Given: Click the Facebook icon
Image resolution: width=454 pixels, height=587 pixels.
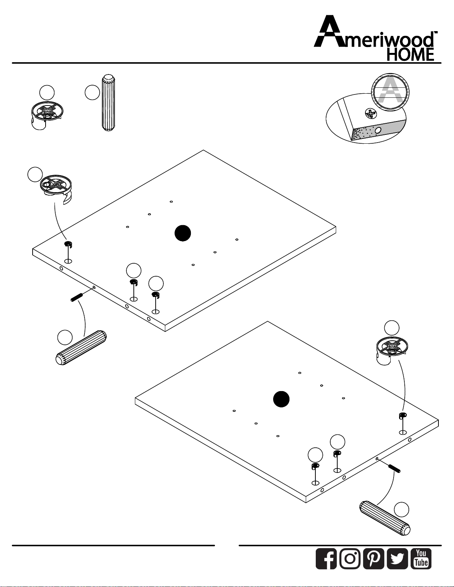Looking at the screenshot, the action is point(326,558).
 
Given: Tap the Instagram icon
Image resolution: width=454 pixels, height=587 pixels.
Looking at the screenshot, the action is point(350,558).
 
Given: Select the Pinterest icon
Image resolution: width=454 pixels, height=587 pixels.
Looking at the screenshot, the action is point(374,558).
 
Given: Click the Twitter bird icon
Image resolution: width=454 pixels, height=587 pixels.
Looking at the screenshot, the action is point(398,558).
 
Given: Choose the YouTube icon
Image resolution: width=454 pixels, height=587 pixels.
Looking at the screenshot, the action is point(421,558).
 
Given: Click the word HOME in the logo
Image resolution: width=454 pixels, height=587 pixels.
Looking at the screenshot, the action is point(411,54).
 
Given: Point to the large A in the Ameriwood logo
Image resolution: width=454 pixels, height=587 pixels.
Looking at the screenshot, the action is point(332,31).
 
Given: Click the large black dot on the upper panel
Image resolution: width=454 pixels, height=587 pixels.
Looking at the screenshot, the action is point(183,233).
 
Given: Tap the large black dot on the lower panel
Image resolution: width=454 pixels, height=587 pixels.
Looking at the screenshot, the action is point(281,399).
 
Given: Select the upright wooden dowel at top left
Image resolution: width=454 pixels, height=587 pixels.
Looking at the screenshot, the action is point(108,103).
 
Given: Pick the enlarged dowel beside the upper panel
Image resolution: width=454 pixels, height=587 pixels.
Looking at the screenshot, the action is point(81,348).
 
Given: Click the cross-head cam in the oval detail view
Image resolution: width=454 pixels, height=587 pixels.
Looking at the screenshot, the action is point(371,113).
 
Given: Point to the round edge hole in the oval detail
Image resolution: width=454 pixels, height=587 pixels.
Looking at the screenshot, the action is point(378,130).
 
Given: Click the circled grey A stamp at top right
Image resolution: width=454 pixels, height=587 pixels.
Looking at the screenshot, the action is point(391,92).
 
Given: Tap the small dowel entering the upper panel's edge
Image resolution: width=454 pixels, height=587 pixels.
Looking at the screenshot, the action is point(76,297).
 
